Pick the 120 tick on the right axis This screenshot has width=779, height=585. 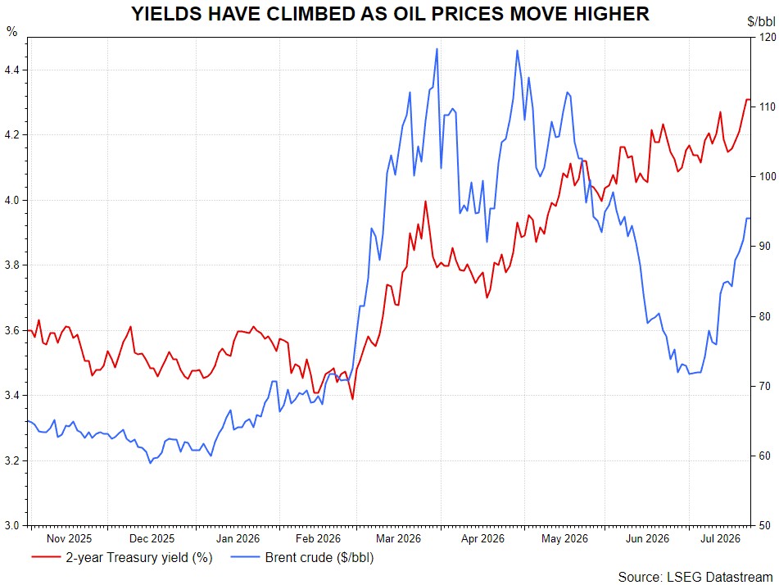[x=767, y=37]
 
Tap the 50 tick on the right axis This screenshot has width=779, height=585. [x=764, y=525]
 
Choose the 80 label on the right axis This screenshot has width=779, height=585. [x=764, y=316]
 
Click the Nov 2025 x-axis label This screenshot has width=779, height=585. [x=69, y=539]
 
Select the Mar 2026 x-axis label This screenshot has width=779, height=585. [x=398, y=539]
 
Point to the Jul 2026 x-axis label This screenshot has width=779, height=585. [x=720, y=539]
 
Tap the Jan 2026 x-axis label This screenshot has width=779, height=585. [x=238, y=539]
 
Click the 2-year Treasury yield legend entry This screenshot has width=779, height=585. [x=122, y=558]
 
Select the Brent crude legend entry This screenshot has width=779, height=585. [x=302, y=558]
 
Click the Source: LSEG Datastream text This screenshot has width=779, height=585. [x=695, y=577]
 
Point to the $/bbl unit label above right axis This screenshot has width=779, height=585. [x=761, y=21]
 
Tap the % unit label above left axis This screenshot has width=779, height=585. [x=11, y=32]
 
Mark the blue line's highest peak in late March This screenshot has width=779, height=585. [x=437, y=48]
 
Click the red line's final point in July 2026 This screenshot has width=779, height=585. [x=750, y=100]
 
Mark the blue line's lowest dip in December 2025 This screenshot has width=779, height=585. [x=151, y=463]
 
